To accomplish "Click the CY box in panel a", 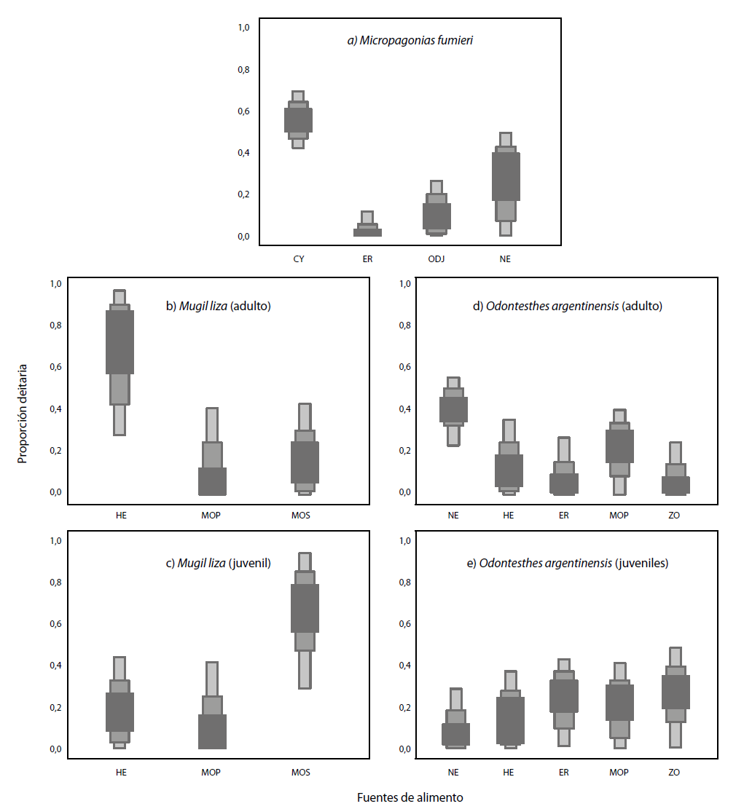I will coord(298,120).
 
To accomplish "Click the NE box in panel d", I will coord(453,409).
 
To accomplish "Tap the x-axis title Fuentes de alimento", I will coord(410,797).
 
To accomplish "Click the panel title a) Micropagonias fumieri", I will coord(410,41).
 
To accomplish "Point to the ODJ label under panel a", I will coord(436,259).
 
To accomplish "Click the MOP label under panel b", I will coord(211,516).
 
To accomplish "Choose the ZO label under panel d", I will coord(674,516).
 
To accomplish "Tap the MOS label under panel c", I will coord(300,773).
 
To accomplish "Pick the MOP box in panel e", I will coord(619,703).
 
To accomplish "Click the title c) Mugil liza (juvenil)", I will coord(219,563).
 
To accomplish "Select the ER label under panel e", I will coord(563,773).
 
